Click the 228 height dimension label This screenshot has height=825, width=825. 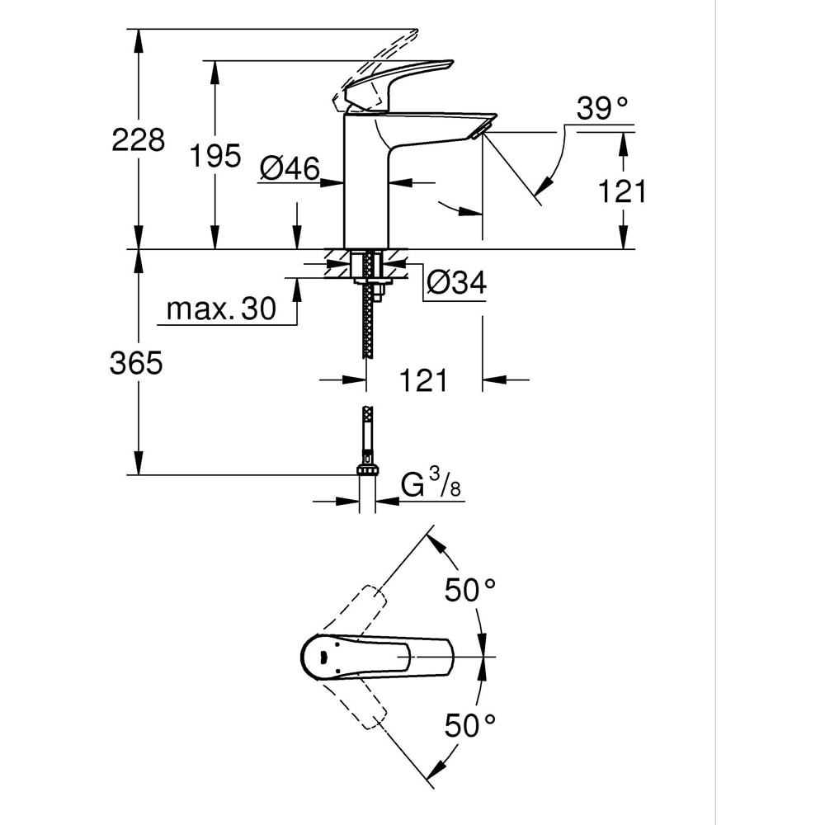[x=138, y=139]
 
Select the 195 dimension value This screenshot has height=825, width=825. [x=215, y=155]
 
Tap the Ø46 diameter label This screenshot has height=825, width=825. [x=290, y=168]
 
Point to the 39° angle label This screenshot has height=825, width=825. [x=602, y=109]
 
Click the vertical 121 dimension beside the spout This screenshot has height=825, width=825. [x=622, y=191]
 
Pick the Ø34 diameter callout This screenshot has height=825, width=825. [x=456, y=283]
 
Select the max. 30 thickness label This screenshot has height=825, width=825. [x=220, y=309]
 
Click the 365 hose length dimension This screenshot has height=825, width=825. [x=136, y=363]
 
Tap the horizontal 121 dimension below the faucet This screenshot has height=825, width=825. [x=423, y=380]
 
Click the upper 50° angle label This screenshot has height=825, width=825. [x=470, y=590]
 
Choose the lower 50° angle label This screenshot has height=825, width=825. [x=470, y=725]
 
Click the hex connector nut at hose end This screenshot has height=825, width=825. [x=368, y=469]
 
